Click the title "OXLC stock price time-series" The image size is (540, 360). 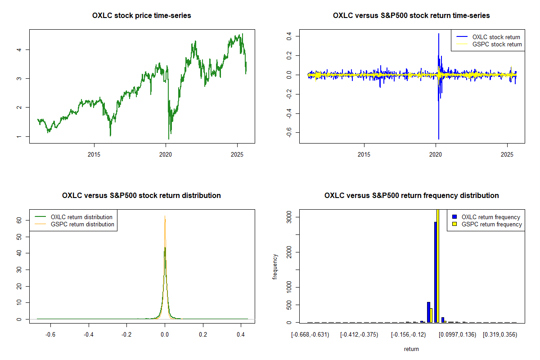141,16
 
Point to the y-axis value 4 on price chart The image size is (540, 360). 19,49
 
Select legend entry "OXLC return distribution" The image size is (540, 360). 81,217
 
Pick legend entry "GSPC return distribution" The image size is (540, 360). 82,224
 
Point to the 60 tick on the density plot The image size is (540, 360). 19,220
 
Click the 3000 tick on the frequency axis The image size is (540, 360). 289,217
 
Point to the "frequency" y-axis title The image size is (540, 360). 275,266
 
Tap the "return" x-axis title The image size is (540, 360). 411,349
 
